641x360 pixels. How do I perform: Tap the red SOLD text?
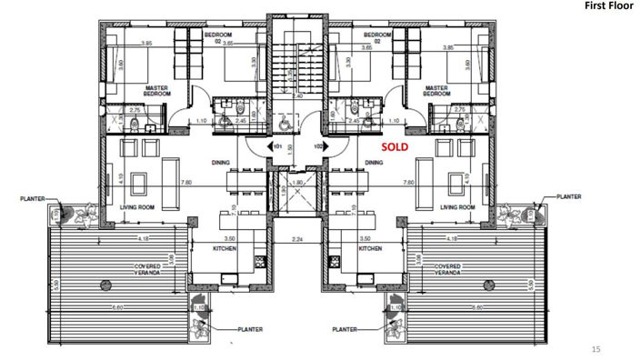click(395, 145)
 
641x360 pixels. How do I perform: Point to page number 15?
click(596, 347)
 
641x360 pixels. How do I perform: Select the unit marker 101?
click(278, 145)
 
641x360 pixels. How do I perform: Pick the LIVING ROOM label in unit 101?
click(138, 207)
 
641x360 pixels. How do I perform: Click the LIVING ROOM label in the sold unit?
click(458, 207)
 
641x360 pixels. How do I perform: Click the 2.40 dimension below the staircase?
click(298, 95)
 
